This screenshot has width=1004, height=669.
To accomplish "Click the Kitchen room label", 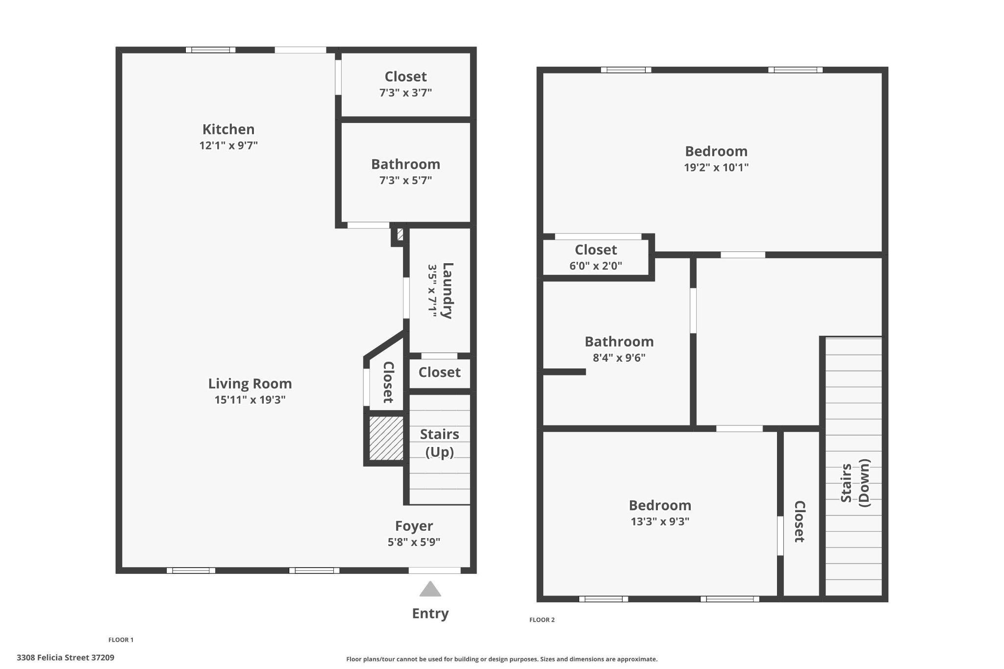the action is pos(228,129).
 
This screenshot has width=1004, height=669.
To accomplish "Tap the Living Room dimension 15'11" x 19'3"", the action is pos(250,400).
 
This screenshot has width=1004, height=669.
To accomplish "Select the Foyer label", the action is pos(414,526).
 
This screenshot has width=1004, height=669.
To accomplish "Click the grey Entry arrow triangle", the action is pos(430,589).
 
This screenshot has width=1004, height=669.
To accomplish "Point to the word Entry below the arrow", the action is pos(430,614).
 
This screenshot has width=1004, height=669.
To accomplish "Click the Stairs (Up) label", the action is pos(440,443).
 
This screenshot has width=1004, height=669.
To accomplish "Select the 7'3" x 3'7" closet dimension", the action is pos(405,93).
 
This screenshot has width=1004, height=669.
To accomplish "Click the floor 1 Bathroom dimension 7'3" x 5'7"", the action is pos(405,180).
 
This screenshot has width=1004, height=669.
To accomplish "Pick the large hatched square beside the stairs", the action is pos(386,438).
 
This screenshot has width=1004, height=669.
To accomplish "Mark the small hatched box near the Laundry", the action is pos(400,234).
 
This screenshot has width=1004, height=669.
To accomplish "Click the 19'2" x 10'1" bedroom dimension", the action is pos(716,168).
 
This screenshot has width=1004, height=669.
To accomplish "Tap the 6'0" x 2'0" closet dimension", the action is pos(596,266).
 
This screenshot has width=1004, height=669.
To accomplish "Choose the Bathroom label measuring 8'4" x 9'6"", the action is pos(619,342).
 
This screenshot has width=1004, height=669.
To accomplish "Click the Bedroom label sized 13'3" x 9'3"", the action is pos(660,505).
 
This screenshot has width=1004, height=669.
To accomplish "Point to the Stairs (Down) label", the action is pos(855,483).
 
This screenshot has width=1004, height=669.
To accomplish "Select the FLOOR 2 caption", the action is pos(542,620).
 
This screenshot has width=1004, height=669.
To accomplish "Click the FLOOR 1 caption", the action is pos(121,640).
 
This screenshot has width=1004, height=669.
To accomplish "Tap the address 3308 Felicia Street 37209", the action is pos(66,658).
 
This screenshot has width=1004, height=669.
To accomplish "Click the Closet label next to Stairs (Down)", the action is pos(800,521).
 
